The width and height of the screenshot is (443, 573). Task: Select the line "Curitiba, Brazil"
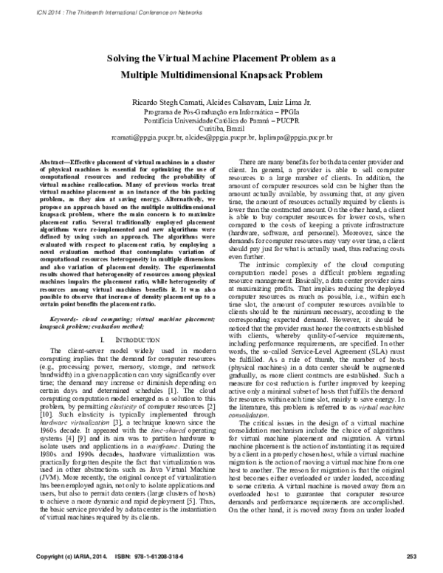[x=221, y=128]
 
